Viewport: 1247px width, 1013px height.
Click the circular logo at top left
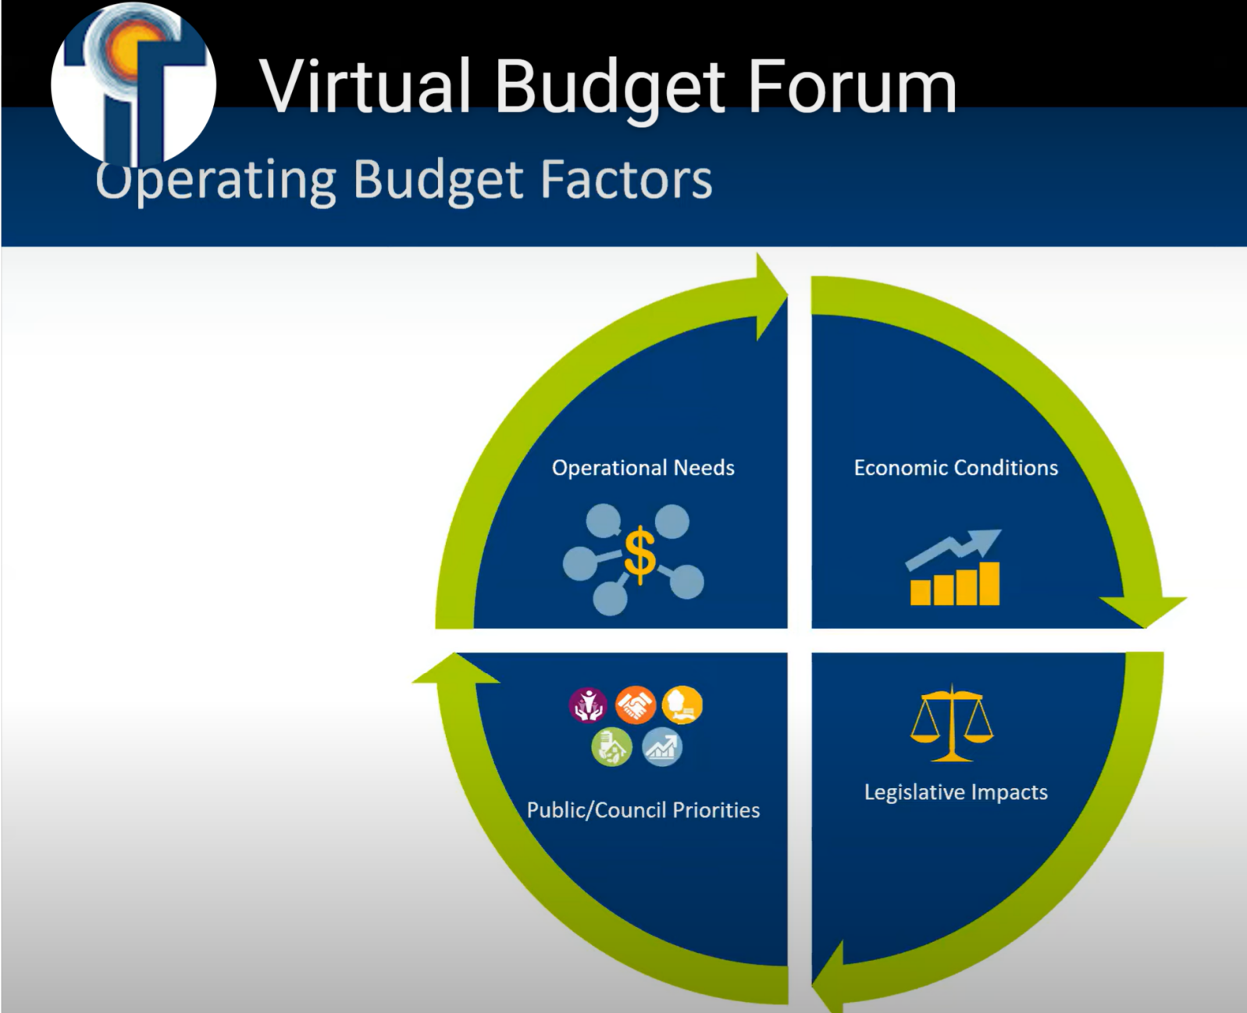pos(133,84)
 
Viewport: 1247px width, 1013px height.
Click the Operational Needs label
pos(643,467)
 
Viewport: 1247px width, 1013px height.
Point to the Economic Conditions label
pos(955,467)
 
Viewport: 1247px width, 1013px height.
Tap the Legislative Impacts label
pos(955,791)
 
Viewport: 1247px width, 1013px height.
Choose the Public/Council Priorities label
pos(643,810)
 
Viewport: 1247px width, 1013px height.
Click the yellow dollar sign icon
pos(640,554)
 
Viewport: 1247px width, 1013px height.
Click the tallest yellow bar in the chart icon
pos(989,583)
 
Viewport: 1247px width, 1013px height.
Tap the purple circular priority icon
pos(587,705)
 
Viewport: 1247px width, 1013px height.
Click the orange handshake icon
pos(635,705)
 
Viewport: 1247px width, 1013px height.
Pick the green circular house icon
pos(611,747)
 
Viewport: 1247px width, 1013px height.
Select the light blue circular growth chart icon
pos(662,747)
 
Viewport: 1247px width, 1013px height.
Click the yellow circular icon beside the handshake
pos(682,705)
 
